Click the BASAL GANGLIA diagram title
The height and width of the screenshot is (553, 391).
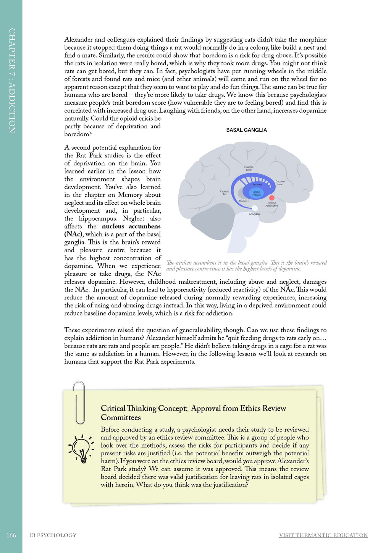[246, 130]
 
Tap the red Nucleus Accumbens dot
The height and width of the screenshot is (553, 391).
[272, 198]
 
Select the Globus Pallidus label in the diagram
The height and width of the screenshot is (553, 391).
[257, 193]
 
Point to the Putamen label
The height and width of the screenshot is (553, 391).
[257, 185]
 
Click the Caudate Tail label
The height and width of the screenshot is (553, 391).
[225, 193]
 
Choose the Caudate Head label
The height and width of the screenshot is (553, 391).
[280, 183]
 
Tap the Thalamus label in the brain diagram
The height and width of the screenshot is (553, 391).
[244, 201]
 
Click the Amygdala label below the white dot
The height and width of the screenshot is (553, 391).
[254, 214]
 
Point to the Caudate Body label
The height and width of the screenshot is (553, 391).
[249, 168]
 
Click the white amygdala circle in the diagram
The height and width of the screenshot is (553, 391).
[255, 208]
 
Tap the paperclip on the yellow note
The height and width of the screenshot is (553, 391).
[79, 402]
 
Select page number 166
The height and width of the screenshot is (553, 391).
[11, 535]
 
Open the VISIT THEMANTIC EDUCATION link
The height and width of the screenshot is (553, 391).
[323, 535]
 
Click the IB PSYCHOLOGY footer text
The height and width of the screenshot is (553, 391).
[53, 535]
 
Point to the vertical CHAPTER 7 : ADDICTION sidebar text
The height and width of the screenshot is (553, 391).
[12, 80]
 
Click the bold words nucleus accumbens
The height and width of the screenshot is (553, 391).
[131, 226]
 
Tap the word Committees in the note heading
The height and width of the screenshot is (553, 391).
[121, 417]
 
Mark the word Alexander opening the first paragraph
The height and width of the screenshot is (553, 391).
[79, 40]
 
